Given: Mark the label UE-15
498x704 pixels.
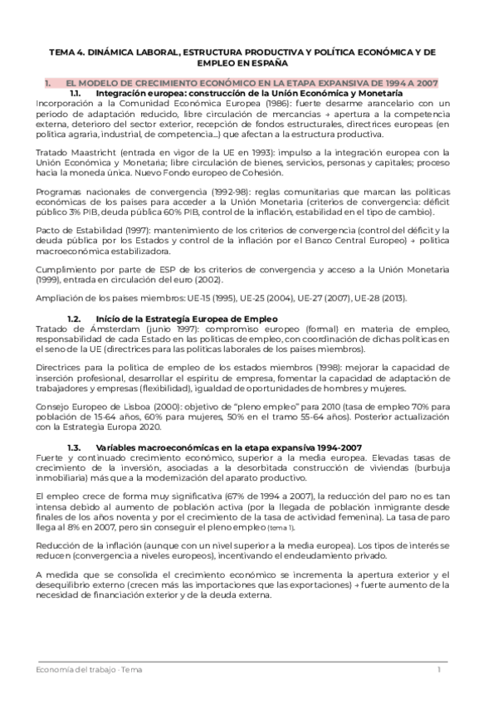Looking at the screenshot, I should point(188,298).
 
